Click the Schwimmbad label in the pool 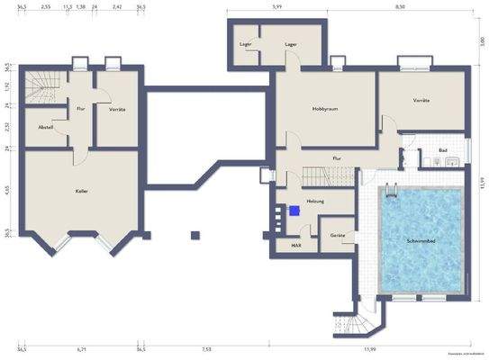click(423, 241)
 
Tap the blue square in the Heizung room click(293, 211)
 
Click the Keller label click(80, 192)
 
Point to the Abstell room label click(46, 127)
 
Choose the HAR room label click(294, 244)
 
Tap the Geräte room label click(337, 234)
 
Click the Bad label click(443, 149)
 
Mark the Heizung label click(314, 200)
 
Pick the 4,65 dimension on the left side click(7, 190)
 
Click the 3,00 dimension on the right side click(482, 41)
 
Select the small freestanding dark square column click(195, 236)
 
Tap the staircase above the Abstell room click(40, 87)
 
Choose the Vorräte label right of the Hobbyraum click(420, 100)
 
